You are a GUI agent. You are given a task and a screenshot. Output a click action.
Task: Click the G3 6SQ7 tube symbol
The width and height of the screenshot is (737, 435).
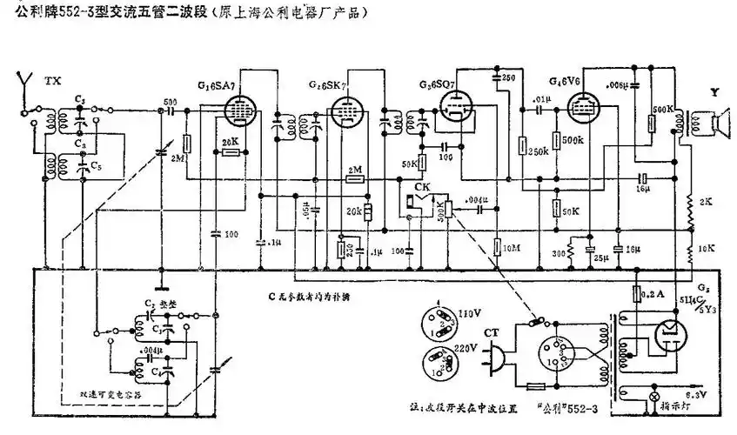[x=455, y=110]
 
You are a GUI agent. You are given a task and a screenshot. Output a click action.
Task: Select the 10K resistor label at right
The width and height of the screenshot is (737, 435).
[x=706, y=247]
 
